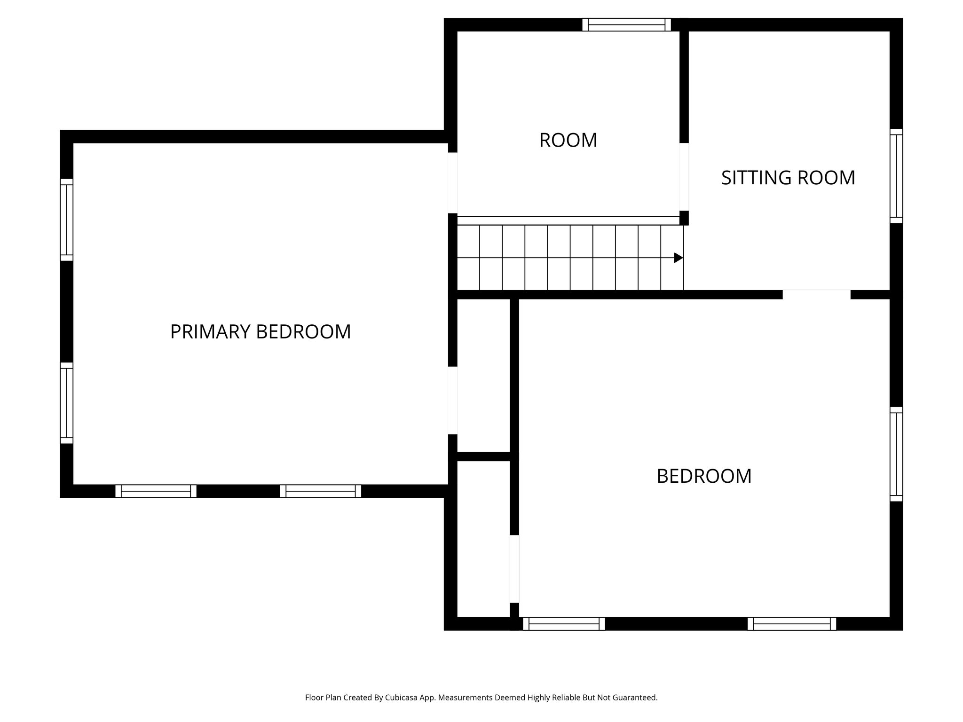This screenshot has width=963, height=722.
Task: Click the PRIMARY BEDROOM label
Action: pyautogui.click(x=260, y=332)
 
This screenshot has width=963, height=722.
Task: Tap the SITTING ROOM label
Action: pyautogui.click(x=788, y=178)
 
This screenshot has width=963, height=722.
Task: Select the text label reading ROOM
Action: pyautogui.click(x=568, y=141)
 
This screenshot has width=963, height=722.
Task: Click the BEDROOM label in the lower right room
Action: pyautogui.click(x=704, y=476)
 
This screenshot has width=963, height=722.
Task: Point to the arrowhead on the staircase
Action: pyautogui.click(x=678, y=258)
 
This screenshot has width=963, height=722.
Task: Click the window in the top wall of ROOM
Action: pyautogui.click(x=626, y=24)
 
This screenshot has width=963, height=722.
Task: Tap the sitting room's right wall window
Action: pyautogui.click(x=896, y=176)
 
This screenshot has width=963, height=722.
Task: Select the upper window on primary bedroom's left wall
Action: pyautogui.click(x=66, y=220)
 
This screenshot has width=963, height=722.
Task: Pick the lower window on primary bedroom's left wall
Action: pyautogui.click(x=66, y=403)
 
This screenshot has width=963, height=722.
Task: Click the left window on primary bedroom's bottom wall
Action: pyautogui.click(x=156, y=491)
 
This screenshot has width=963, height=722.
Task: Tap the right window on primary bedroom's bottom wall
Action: pyautogui.click(x=320, y=491)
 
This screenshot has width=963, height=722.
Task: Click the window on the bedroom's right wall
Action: pyautogui.click(x=896, y=454)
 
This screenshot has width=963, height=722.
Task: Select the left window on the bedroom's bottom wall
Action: pyautogui.click(x=564, y=624)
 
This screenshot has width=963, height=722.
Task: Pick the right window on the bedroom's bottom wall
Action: pyautogui.click(x=792, y=624)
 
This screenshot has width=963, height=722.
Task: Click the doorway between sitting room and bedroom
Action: pyautogui.click(x=816, y=295)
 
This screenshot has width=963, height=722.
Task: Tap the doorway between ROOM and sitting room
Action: pyautogui.click(x=684, y=177)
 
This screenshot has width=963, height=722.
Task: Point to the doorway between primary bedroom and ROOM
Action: pyautogui.click(x=452, y=183)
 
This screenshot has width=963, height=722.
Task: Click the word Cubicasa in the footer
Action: pyautogui.click(x=402, y=698)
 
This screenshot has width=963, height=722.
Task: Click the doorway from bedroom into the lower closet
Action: pyautogui.click(x=514, y=569)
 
